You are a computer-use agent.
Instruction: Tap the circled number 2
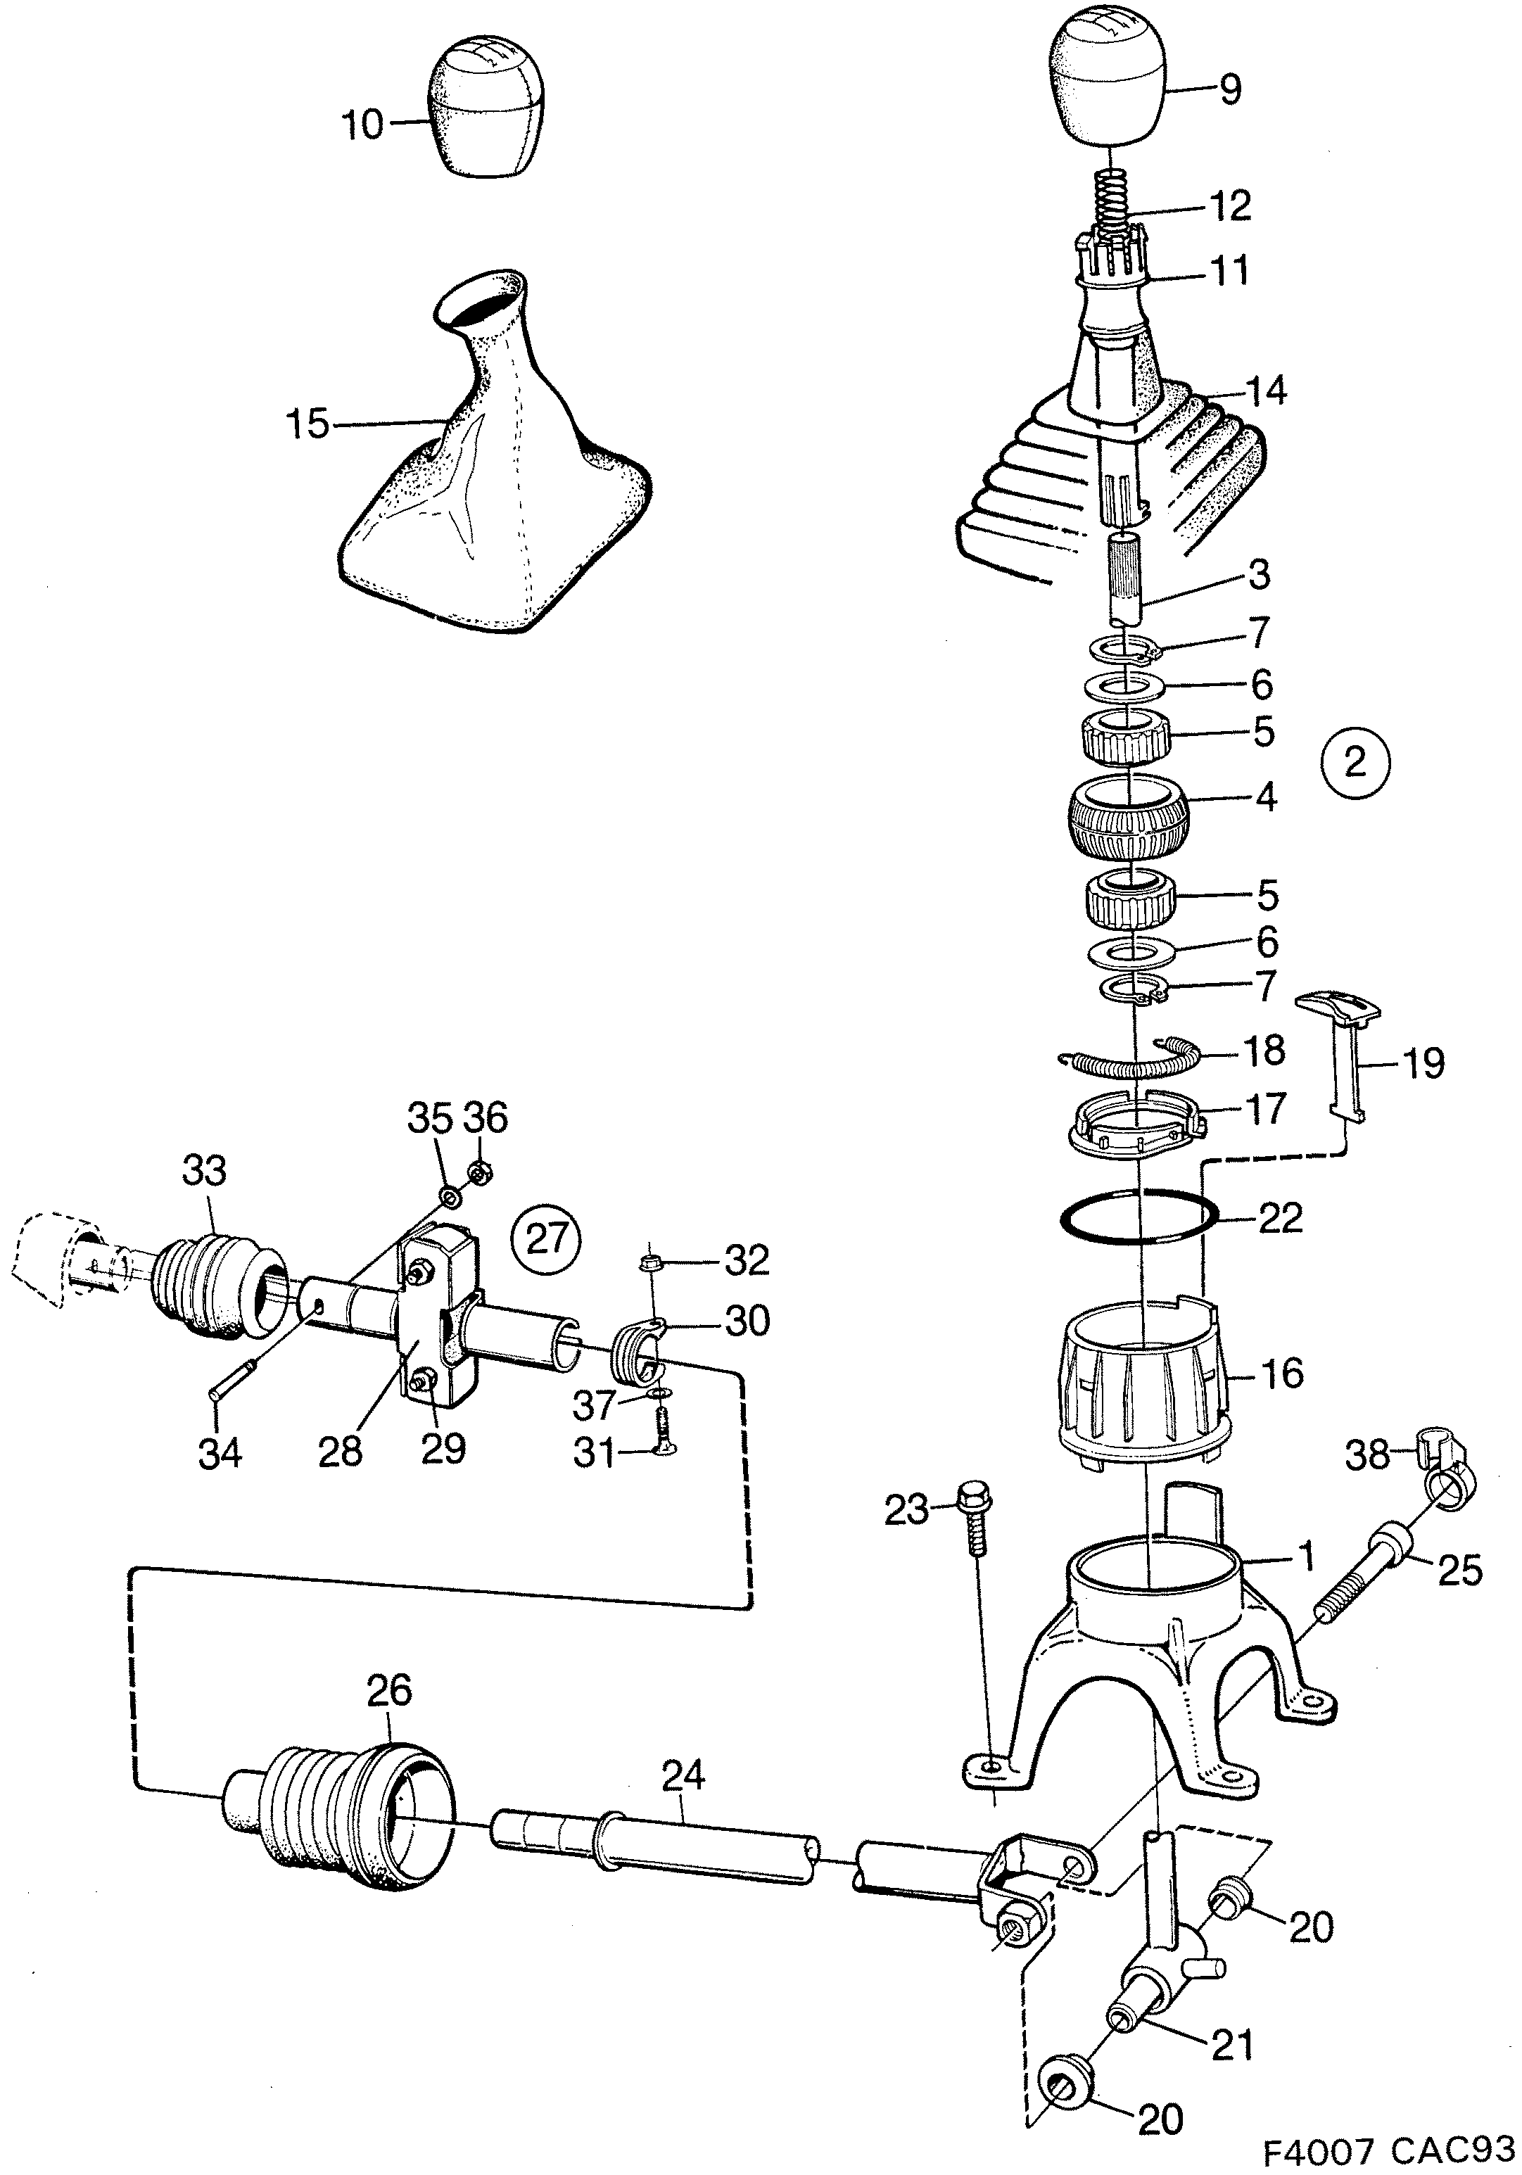click(1355, 763)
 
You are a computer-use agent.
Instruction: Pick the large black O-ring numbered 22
click(1136, 1215)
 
